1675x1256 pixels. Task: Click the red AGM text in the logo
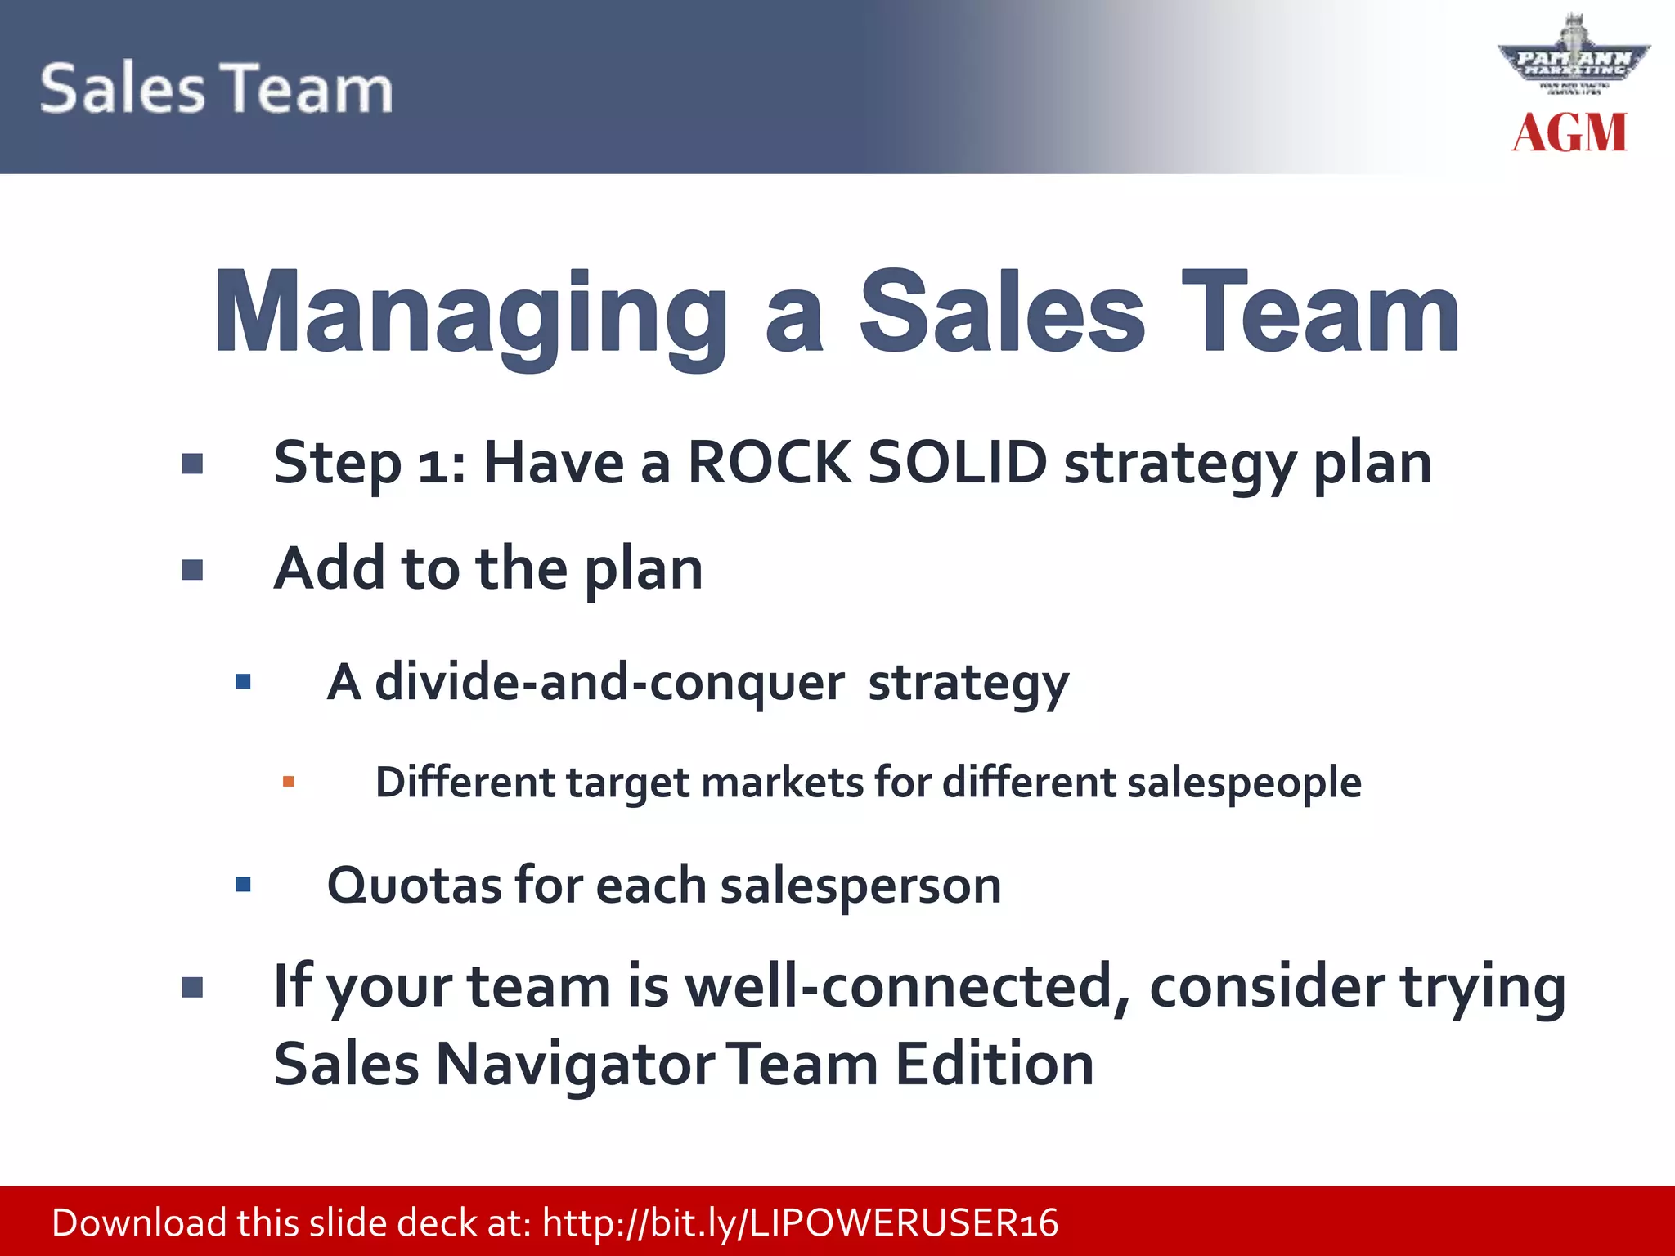pyautogui.click(x=1569, y=133)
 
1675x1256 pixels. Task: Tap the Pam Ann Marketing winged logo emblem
pyautogui.click(x=1574, y=61)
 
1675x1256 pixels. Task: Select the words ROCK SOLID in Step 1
pyautogui.click(x=867, y=463)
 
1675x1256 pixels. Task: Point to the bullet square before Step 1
pyautogui.click(x=192, y=464)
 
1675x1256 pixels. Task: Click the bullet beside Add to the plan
pyautogui.click(x=192, y=570)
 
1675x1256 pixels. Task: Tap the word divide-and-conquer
pyautogui.click(x=609, y=682)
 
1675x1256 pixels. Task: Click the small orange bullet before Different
pyautogui.click(x=288, y=783)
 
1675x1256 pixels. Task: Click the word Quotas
pyautogui.click(x=414, y=886)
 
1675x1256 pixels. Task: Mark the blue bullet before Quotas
pyautogui.click(x=243, y=885)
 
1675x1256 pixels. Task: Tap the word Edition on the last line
pyautogui.click(x=994, y=1065)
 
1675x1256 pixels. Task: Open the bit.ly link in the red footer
pyautogui.click(x=800, y=1223)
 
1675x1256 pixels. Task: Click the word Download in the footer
pyautogui.click(x=139, y=1223)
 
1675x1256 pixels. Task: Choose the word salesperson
pyautogui.click(x=860, y=886)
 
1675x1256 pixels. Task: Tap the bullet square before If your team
pyautogui.click(x=192, y=989)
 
